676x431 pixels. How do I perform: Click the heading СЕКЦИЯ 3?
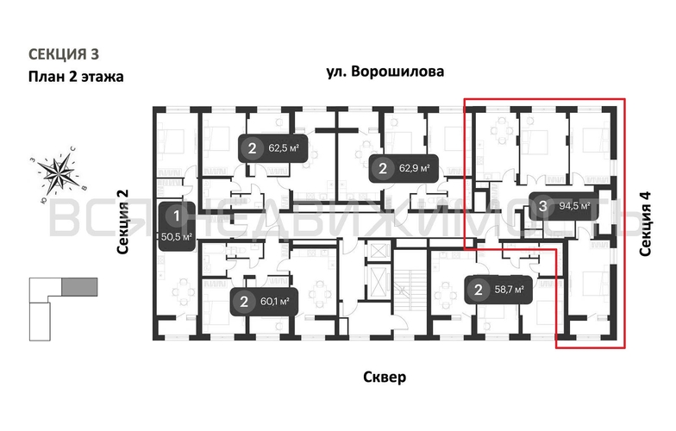(x=68, y=53)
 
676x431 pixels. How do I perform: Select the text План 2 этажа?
(x=76, y=77)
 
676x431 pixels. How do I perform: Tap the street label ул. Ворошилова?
(x=385, y=72)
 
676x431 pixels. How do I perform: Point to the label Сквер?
(x=384, y=377)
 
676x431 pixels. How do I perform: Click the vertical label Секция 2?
(x=122, y=222)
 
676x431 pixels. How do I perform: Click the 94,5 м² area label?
(x=574, y=206)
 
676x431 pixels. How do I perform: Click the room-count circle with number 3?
(x=542, y=206)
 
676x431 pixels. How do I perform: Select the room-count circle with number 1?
(x=176, y=215)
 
